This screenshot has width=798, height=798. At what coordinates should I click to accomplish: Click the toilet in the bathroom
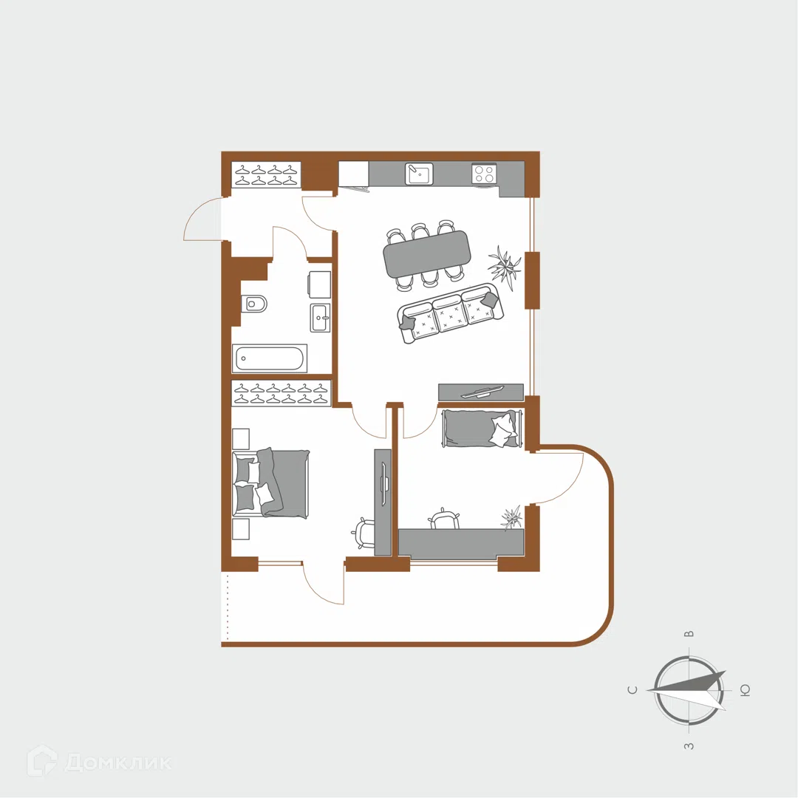pos(254,304)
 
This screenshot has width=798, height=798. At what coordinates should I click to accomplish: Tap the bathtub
pos(270,358)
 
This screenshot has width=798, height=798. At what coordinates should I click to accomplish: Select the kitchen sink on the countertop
pos(419,174)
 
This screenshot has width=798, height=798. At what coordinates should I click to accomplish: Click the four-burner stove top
pos(483,174)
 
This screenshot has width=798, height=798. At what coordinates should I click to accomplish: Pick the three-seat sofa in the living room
pos(451,313)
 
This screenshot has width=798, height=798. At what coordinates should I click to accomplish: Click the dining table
pos(427,253)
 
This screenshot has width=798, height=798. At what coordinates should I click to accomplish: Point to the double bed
pos(270,483)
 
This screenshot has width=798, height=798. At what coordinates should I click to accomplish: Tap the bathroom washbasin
pos(320,318)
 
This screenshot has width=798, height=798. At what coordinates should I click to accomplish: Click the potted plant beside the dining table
pos(505,265)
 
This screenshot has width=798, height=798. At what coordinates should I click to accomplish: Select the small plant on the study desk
pos(512,518)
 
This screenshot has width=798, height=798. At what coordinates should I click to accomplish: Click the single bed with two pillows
pos(481,429)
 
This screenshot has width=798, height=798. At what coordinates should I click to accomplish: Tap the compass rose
pos(689,691)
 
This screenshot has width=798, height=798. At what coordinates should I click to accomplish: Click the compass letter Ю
pos(745,691)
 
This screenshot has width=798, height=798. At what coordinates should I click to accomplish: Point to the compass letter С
pos(632,690)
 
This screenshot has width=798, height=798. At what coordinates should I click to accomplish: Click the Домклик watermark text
pos(118,763)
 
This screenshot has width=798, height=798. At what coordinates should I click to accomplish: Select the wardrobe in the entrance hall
pos(266,175)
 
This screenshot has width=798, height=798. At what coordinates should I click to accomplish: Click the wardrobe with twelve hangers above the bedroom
pos(281,393)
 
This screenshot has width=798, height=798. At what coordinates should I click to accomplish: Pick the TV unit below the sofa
pos(481,392)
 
